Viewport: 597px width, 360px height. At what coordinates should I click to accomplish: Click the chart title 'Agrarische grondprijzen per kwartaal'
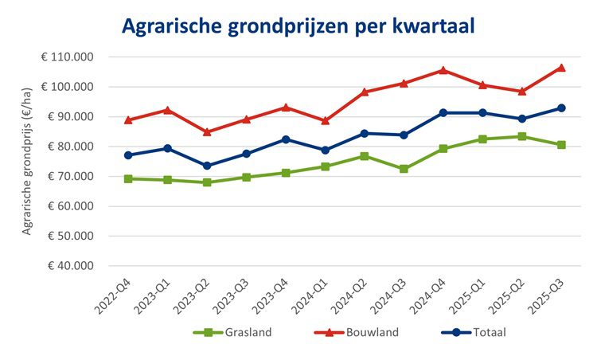[298, 26]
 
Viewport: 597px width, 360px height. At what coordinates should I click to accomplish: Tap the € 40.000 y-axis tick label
[69, 266]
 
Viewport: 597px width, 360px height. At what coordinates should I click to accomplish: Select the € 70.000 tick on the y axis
[69, 176]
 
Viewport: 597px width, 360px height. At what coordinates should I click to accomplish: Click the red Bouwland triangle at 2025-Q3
[561, 68]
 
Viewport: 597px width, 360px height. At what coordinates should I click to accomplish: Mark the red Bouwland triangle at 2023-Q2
[208, 132]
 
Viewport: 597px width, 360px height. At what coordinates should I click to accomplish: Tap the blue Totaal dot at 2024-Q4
[443, 113]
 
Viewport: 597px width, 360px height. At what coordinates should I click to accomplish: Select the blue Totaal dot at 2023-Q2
[208, 166]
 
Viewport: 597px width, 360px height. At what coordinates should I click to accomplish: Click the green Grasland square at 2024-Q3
[404, 169]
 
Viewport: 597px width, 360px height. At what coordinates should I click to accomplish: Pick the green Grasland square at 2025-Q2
[522, 136]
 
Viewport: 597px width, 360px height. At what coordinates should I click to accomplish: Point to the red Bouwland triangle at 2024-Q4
[443, 70]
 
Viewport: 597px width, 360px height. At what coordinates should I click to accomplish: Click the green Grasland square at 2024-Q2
[365, 156]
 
